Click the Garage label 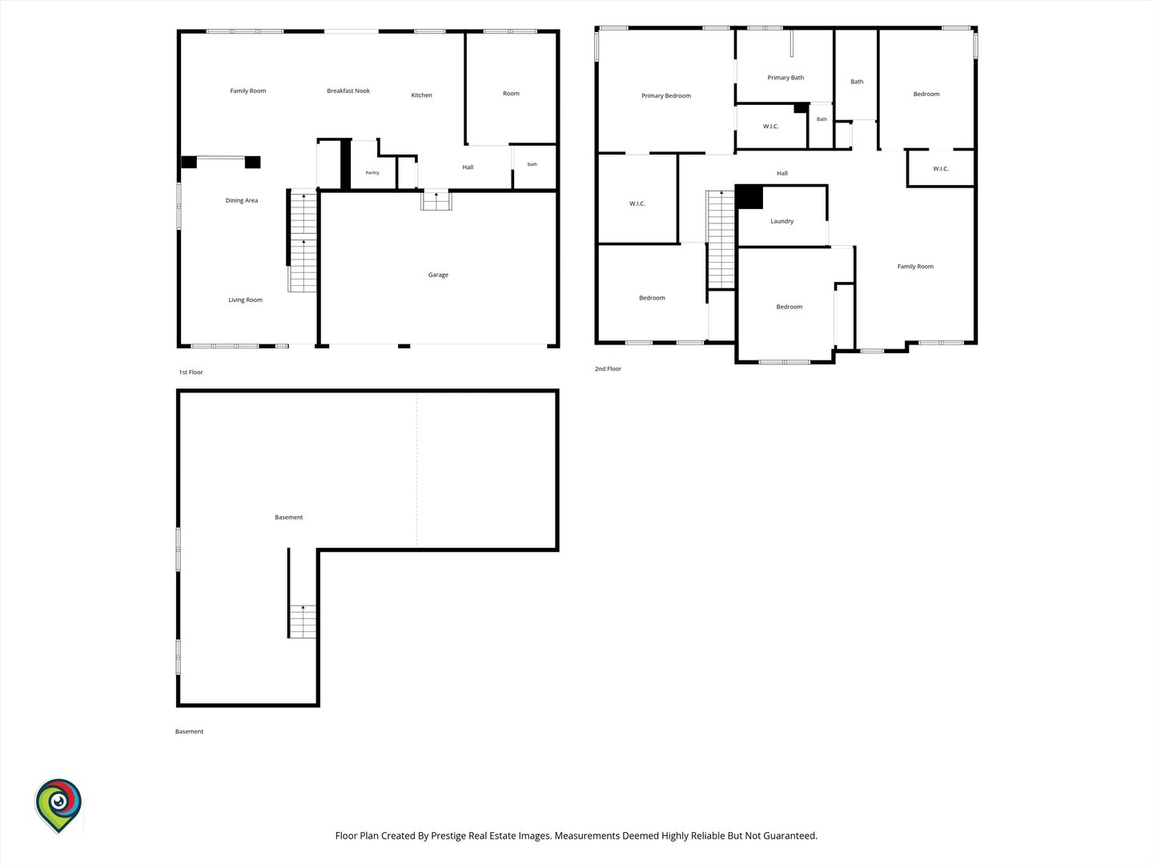pos(438,275)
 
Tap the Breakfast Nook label pos(348,91)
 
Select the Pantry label pos(372,173)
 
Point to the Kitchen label pos(421,95)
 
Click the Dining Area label pos(242,200)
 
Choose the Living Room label pos(245,300)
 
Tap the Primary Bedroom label pos(666,95)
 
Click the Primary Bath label pos(785,78)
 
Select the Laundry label pos(781,221)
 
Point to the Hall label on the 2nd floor pos(782,173)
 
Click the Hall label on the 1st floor pos(468,167)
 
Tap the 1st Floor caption pos(191,372)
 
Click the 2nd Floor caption pos(608,368)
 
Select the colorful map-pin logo pos(58,806)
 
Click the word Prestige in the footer pos(448,835)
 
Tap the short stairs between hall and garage pos(436,200)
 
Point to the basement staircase pos(303,622)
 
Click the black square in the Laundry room pos(749,197)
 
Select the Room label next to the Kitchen pos(511,94)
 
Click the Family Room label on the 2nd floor pos(915,267)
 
